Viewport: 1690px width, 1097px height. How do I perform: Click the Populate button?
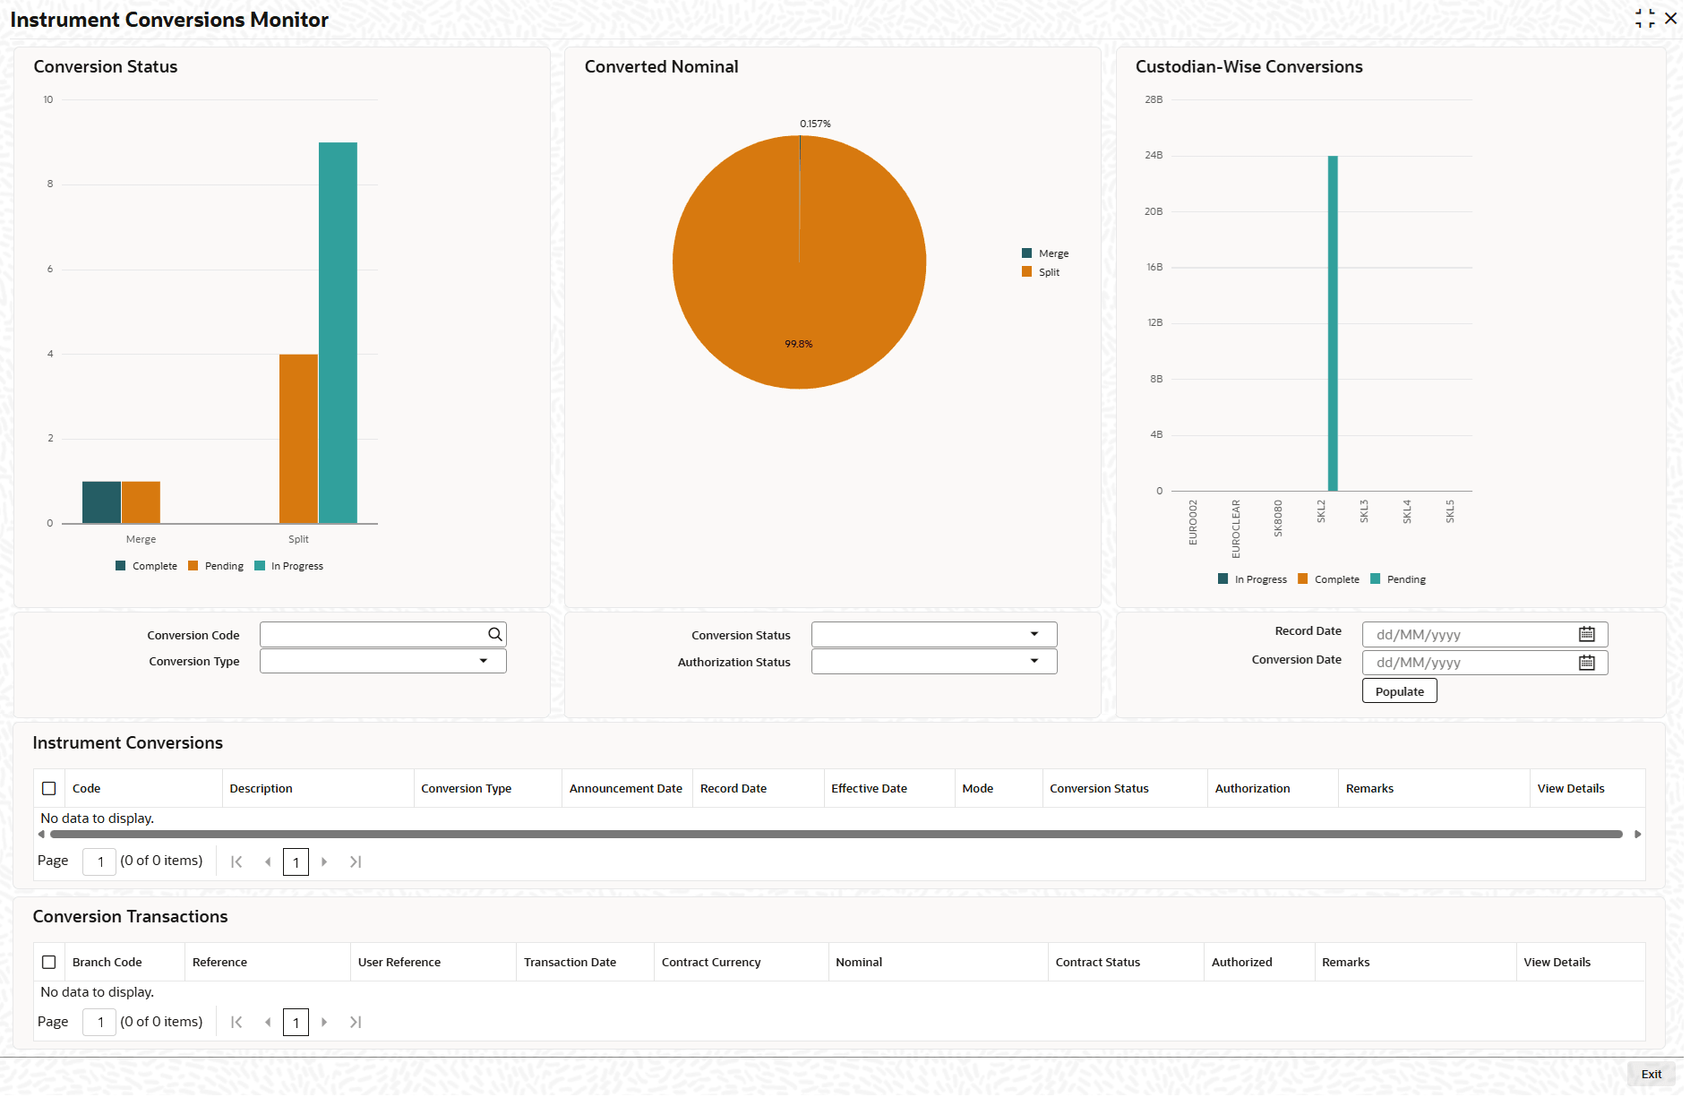(x=1399, y=691)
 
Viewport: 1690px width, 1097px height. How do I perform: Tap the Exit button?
(x=1651, y=1074)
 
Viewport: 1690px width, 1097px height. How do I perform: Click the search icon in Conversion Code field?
(x=494, y=634)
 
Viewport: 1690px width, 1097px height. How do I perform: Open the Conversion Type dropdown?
(x=483, y=661)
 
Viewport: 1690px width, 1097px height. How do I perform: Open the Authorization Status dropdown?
(x=1034, y=661)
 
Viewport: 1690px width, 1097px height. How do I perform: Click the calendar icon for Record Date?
(x=1586, y=634)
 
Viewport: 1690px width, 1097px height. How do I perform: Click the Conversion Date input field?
(x=1469, y=663)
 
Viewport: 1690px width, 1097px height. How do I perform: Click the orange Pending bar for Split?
(x=298, y=439)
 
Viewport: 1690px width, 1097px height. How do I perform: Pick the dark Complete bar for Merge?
(x=101, y=502)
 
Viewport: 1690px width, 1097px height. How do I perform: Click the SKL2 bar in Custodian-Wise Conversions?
(x=1333, y=322)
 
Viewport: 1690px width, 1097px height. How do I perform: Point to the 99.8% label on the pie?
(x=798, y=344)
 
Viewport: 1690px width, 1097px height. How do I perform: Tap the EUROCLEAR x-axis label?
(x=1236, y=528)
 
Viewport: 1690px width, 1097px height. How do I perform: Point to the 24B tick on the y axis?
(x=1154, y=156)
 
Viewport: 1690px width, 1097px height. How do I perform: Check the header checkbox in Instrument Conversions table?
(x=49, y=788)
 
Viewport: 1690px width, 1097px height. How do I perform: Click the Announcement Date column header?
(x=625, y=788)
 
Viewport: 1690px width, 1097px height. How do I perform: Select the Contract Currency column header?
(x=711, y=962)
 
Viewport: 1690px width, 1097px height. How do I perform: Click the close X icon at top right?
(x=1670, y=19)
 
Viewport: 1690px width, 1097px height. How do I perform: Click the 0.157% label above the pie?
(x=815, y=124)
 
